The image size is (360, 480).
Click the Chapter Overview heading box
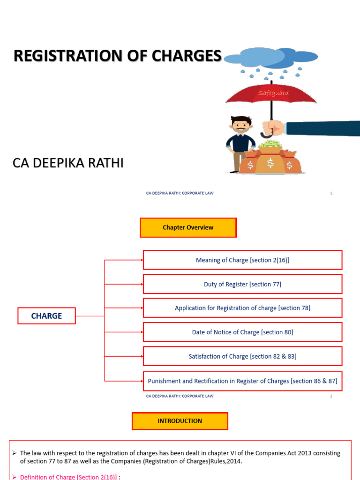click(188, 228)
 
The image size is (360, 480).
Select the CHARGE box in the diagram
click(46, 316)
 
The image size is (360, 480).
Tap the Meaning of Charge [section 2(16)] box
click(242, 260)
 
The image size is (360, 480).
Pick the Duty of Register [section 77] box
click(242, 284)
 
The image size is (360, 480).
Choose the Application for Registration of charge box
click(242, 308)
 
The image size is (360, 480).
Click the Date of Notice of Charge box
click(242, 332)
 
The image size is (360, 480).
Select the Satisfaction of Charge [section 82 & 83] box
click(242, 356)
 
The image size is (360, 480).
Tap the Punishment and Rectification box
click(242, 381)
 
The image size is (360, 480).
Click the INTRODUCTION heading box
click(180, 421)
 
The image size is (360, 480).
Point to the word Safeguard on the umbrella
click(273, 93)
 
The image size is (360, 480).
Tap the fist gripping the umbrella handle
click(273, 128)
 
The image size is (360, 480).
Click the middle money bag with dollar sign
click(270, 162)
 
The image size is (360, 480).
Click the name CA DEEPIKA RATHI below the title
click(67, 164)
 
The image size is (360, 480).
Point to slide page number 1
click(331, 193)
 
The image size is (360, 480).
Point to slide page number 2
click(331, 396)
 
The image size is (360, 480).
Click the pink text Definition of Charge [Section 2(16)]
click(68, 477)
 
